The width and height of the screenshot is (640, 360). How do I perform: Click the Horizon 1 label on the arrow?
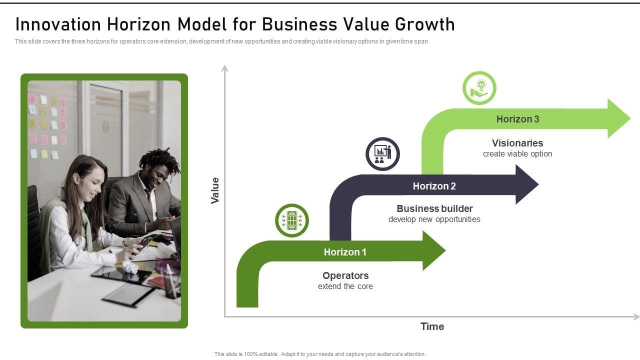345,252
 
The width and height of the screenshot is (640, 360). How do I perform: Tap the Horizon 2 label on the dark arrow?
434,186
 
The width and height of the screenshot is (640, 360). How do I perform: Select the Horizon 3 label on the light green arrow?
517,119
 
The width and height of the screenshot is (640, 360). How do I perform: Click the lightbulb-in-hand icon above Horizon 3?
479,88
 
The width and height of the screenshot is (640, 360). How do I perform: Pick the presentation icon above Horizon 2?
382,153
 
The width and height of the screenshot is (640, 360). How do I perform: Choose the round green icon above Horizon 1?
292,220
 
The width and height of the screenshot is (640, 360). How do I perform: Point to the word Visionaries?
517,143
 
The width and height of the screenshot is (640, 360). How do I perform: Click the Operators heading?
345,275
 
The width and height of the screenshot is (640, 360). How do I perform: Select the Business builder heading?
434,208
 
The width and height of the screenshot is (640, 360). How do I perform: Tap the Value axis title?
215,190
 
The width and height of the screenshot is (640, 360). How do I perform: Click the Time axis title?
432,326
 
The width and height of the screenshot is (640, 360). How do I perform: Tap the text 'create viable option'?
517,154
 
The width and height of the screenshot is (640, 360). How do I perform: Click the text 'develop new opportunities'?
434,219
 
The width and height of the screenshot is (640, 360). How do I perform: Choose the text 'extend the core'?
345,286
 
